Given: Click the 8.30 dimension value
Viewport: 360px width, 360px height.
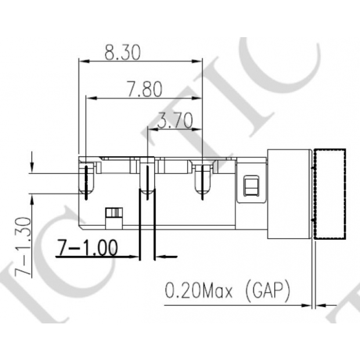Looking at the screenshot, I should [x=123, y=53].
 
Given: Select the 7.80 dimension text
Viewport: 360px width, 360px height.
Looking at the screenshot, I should [x=144, y=89].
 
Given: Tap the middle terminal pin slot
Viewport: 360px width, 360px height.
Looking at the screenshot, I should [x=148, y=181].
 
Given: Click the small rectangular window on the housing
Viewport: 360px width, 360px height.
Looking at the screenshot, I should [x=251, y=186].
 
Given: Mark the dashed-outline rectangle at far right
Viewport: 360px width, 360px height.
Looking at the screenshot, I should [x=329, y=195].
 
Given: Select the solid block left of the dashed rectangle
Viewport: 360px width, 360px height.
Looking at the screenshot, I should [x=289, y=195].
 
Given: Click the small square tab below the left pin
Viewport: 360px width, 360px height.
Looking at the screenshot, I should [x=114, y=213].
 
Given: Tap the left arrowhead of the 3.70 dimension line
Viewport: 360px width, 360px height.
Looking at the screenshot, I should [x=152, y=129].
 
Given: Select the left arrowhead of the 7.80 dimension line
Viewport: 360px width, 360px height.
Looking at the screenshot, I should [x=89, y=97].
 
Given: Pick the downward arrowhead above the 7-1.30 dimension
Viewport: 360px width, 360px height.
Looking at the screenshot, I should [x=31, y=165].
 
